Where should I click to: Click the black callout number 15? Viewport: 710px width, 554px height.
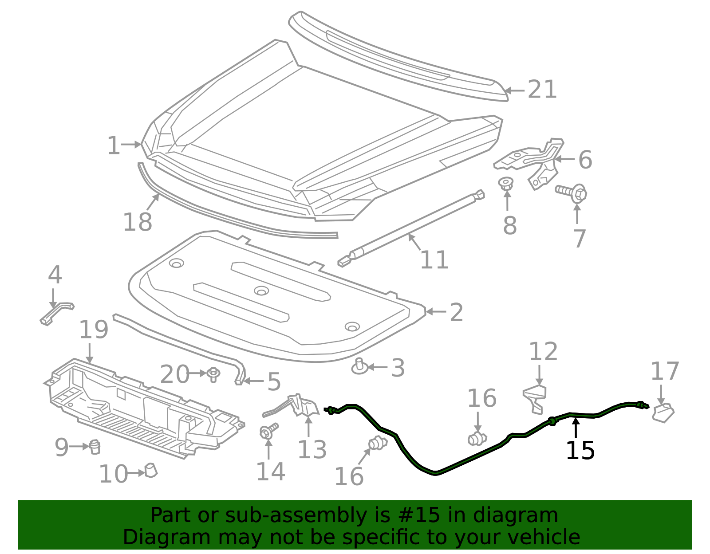tap(580, 451)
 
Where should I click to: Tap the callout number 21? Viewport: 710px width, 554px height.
tap(542, 90)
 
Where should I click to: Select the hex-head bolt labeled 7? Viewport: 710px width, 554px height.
tap(571, 193)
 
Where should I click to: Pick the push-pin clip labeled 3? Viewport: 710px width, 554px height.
tap(359, 367)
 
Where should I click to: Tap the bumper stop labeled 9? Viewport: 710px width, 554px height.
tap(95, 447)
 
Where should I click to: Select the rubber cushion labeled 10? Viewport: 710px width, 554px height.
tap(150, 471)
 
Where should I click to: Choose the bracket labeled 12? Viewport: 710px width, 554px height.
tap(535, 399)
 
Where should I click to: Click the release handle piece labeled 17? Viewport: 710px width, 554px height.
tap(663, 413)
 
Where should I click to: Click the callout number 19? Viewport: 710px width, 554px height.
tap(94, 330)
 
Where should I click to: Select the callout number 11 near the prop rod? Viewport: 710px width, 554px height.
tap(434, 260)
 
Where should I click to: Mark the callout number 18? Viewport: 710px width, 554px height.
tap(138, 222)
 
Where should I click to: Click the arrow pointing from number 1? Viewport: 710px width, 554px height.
tap(131, 144)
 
